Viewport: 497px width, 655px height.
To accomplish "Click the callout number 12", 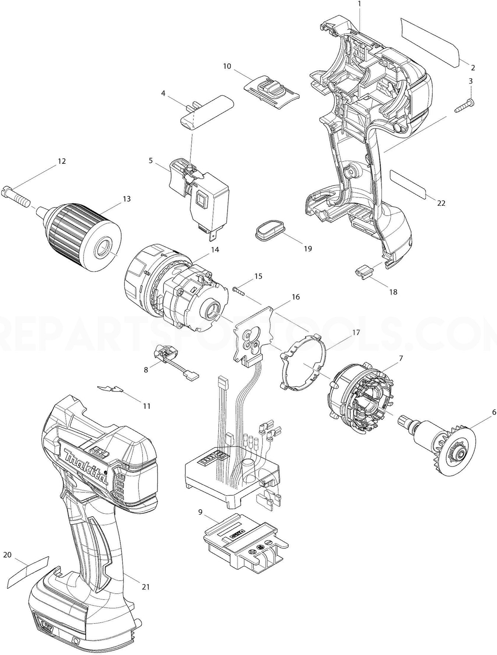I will click(x=61, y=161).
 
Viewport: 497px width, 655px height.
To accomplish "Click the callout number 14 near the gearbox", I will click(x=215, y=249).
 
